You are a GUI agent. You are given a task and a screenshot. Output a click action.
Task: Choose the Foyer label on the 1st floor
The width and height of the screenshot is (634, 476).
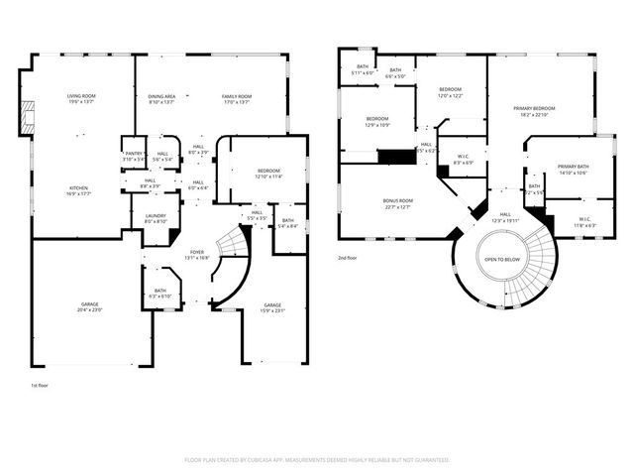coord(196,252)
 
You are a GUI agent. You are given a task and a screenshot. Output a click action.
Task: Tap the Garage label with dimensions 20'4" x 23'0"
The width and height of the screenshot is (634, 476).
coord(89,304)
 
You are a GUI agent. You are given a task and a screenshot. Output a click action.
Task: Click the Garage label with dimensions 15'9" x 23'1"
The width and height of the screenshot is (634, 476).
coord(272,304)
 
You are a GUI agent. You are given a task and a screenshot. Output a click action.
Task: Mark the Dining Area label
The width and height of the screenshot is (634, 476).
coord(161,95)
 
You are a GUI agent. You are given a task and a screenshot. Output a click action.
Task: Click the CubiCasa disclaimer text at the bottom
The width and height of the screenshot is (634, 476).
coord(317,460)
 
